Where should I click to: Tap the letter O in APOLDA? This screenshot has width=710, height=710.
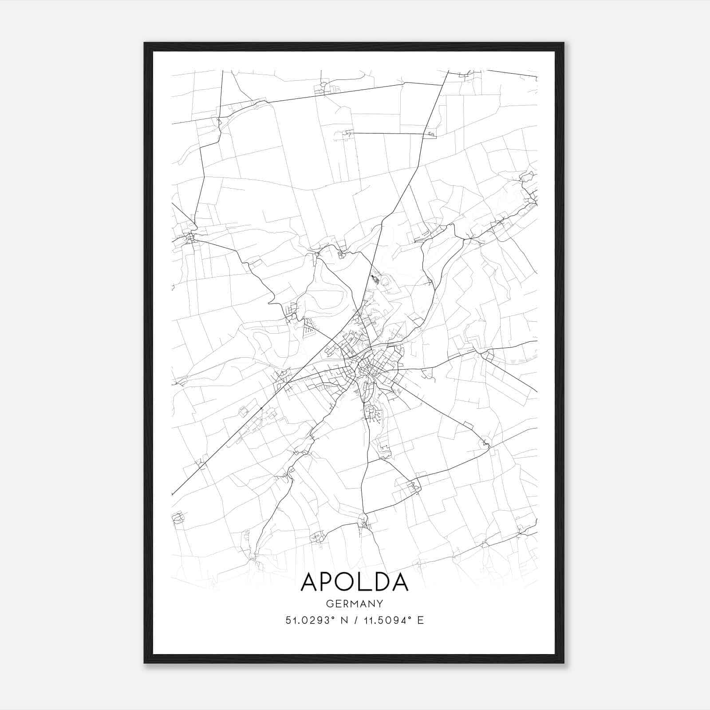coord(348,582)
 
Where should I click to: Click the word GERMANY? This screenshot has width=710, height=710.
coord(355,604)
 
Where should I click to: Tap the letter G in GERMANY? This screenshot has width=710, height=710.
coord(329,604)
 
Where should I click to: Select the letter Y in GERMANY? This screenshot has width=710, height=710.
coord(380,604)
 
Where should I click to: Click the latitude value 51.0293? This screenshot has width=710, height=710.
coord(306,620)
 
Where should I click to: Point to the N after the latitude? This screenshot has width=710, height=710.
coord(342,620)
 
